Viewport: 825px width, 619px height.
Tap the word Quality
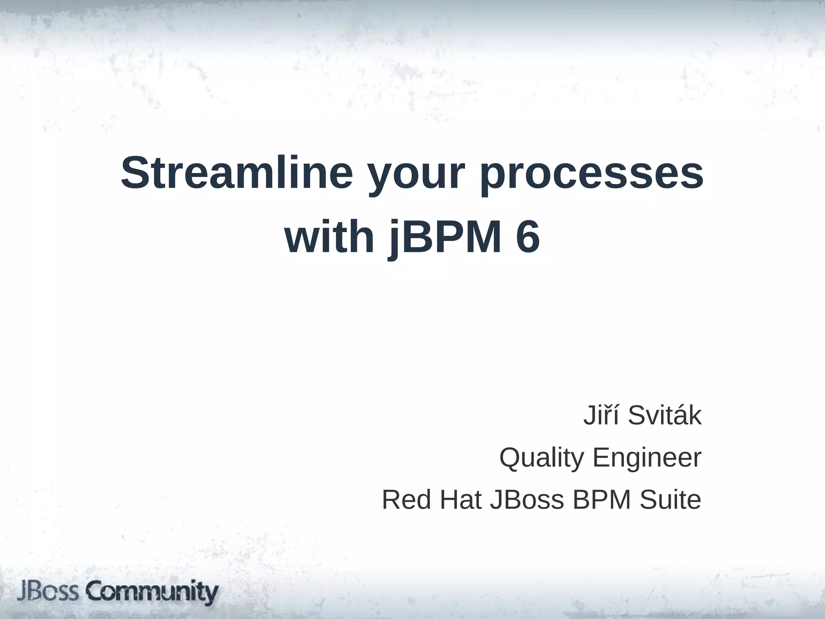point(541,458)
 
